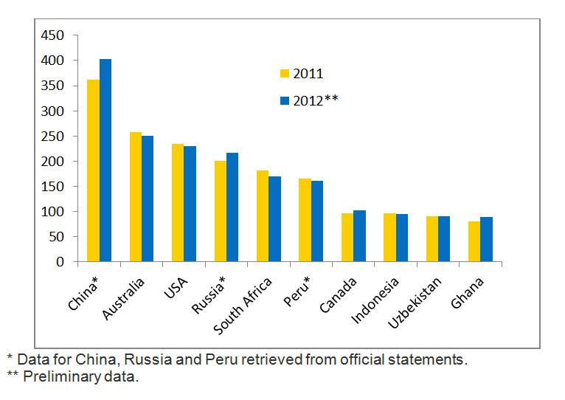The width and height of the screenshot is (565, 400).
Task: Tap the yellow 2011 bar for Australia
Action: [136, 197]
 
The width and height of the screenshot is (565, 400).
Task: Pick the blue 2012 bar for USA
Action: [190, 204]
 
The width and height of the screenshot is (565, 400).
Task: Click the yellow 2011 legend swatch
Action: [284, 74]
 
